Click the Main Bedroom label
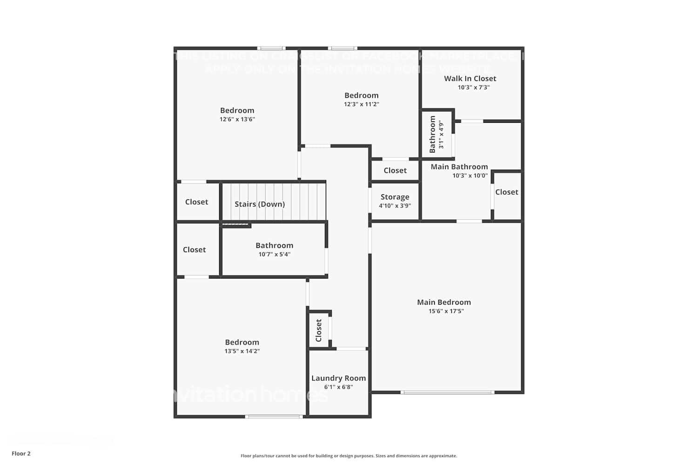(444, 302)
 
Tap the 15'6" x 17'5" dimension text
(446, 311)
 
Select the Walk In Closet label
(470, 79)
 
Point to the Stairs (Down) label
(260, 204)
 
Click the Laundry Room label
(338, 378)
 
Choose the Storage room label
(395, 197)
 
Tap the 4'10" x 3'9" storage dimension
(395, 206)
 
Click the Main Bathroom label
(459, 166)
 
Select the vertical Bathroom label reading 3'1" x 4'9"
(433, 134)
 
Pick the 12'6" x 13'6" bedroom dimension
(237, 119)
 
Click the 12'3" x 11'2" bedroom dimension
(362, 104)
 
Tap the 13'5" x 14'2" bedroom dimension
(242, 351)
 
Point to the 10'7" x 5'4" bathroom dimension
(275, 254)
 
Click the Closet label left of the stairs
(196, 202)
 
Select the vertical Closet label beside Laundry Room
(319, 330)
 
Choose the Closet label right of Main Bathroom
(506, 192)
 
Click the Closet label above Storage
(395, 171)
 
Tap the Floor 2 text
(21, 453)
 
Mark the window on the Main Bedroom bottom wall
(447, 392)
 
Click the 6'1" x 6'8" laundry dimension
(338, 387)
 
